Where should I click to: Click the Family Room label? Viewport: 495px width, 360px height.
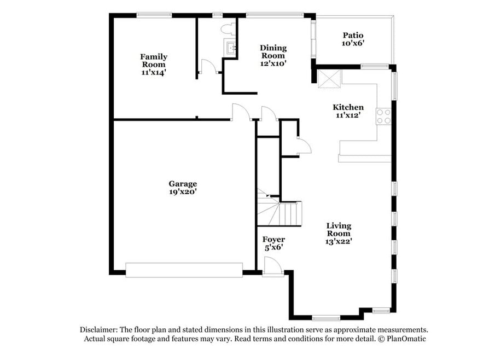coord(154,61)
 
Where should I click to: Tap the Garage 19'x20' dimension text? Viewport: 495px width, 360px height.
coord(183,191)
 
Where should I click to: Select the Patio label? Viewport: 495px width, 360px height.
coord(353,35)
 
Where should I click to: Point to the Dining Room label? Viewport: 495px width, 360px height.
coord(273,52)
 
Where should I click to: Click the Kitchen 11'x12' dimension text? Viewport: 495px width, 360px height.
coord(348,115)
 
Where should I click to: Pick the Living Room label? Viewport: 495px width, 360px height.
coord(339,230)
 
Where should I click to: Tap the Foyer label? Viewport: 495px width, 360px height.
coord(273,240)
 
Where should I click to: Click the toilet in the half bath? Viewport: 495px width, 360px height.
coord(228,30)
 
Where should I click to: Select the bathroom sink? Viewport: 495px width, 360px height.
coord(230,48)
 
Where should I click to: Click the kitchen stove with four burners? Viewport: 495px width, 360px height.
coord(383,116)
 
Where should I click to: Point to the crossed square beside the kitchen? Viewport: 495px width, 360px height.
coord(329,79)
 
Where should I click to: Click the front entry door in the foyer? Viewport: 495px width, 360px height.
coord(272,267)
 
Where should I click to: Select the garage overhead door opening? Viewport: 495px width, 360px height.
coord(184,270)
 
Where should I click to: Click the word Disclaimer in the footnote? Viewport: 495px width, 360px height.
coord(98,330)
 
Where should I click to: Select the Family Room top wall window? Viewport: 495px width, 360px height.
coord(154,15)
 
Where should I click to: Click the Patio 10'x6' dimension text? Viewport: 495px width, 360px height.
coord(353,43)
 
